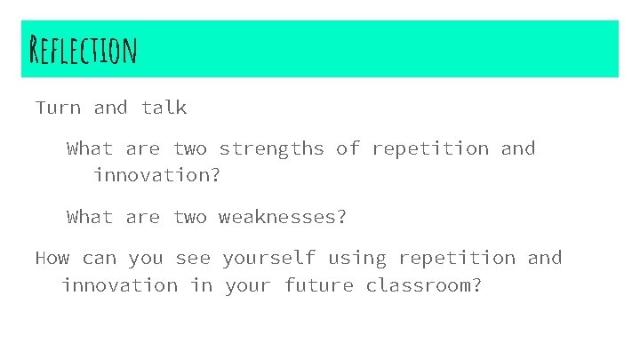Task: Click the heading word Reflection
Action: (x=82, y=51)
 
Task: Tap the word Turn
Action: (x=58, y=108)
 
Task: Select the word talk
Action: (x=164, y=108)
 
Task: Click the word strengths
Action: (x=271, y=148)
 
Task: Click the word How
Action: (x=52, y=258)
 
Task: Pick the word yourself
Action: (x=268, y=258)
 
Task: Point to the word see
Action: (x=193, y=258)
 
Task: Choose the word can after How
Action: (x=99, y=258)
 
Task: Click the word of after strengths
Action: (x=348, y=148)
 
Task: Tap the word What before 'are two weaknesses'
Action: (x=90, y=216)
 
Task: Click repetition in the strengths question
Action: (x=429, y=148)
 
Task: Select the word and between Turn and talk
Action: (x=110, y=108)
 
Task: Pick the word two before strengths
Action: (x=189, y=148)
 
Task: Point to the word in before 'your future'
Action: (x=196, y=285)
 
